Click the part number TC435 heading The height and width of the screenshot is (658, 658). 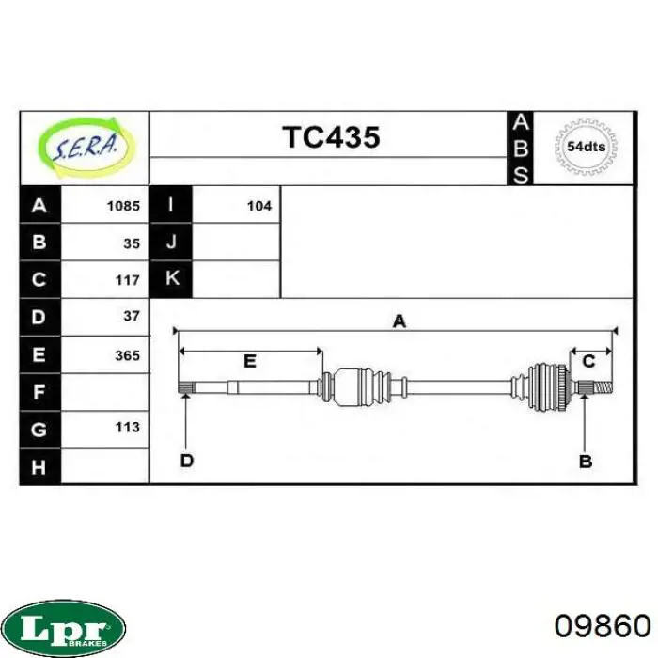pyautogui.click(x=331, y=137)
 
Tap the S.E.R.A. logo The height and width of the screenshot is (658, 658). pyautogui.click(x=87, y=147)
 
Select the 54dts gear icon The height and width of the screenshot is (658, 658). pyautogui.click(x=586, y=147)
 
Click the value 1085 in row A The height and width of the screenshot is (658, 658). pyautogui.click(x=123, y=206)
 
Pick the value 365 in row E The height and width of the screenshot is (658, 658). pyautogui.click(x=128, y=356)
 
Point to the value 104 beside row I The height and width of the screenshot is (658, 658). pyautogui.click(x=259, y=206)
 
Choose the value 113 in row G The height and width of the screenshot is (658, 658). pyautogui.click(x=128, y=427)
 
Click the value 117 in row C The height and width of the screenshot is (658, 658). pyautogui.click(x=128, y=280)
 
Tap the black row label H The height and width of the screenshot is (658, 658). pyautogui.click(x=39, y=466)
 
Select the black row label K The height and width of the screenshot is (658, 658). pyautogui.click(x=171, y=279)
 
